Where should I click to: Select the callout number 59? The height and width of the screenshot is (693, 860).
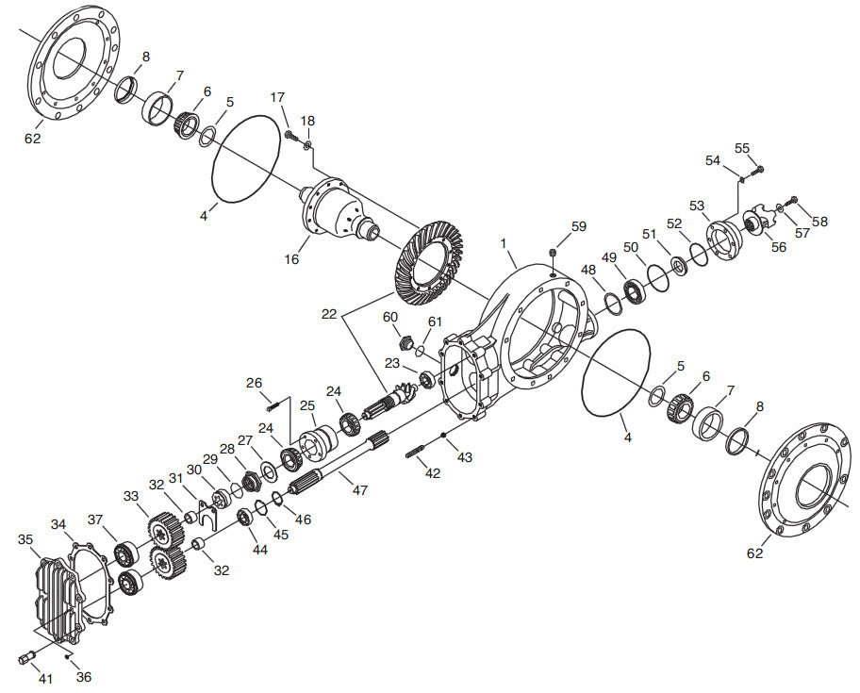(x=578, y=226)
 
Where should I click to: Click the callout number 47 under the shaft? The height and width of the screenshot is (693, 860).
(x=359, y=489)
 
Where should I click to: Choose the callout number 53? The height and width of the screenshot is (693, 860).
(x=697, y=206)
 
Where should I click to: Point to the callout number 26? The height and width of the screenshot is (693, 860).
(x=254, y=383)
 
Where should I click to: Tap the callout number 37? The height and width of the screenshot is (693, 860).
(x=94, y=520)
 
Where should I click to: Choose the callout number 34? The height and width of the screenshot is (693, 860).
(x=58, y=523)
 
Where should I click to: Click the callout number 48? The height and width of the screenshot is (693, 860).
(x=588, y=270)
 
